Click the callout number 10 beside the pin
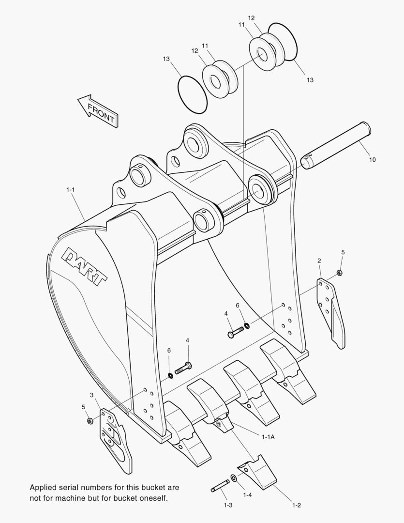point(372,159)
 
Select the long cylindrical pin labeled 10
point(336,145)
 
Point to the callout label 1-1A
point(269,437)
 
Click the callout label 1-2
point(297,506)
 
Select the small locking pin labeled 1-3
point(221,486)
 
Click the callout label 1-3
point(228,506)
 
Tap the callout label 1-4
point(247,495)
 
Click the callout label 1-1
point(71,190)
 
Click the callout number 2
point(319,261)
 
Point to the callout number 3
point(91,396)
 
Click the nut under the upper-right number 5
point(339,273)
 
